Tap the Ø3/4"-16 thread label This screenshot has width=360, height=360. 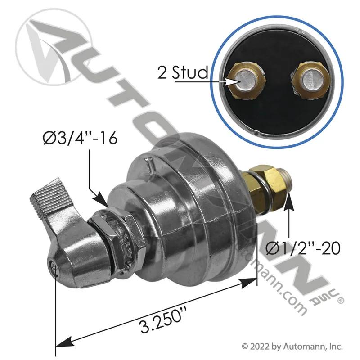[80, 139]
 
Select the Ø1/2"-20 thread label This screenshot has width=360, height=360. [303, 248]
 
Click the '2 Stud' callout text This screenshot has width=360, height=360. [183, 72]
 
